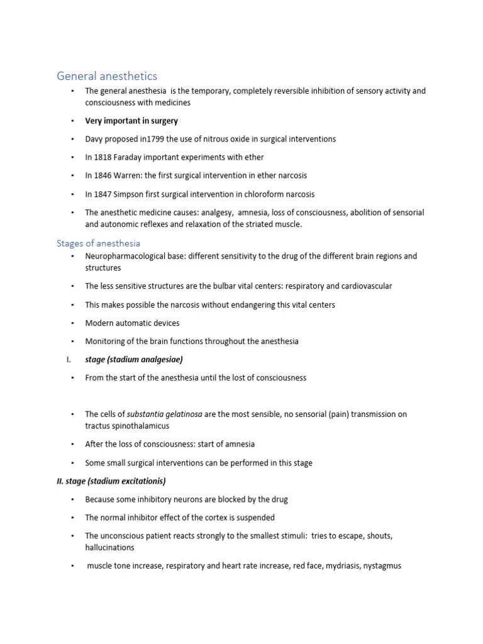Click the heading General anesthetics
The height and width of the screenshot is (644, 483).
(107, 76)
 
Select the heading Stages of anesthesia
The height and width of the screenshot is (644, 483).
(98, 243)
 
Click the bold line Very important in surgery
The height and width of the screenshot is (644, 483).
(131, 121)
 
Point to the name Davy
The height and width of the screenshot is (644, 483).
(95, 139)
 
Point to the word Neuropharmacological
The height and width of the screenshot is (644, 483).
(126, 257)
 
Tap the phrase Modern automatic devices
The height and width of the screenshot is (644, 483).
(132, 323)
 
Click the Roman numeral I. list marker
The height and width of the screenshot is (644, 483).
(68, 360)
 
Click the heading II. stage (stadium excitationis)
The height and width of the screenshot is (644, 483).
(111, 481)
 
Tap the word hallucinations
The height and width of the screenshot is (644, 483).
(110, 547)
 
